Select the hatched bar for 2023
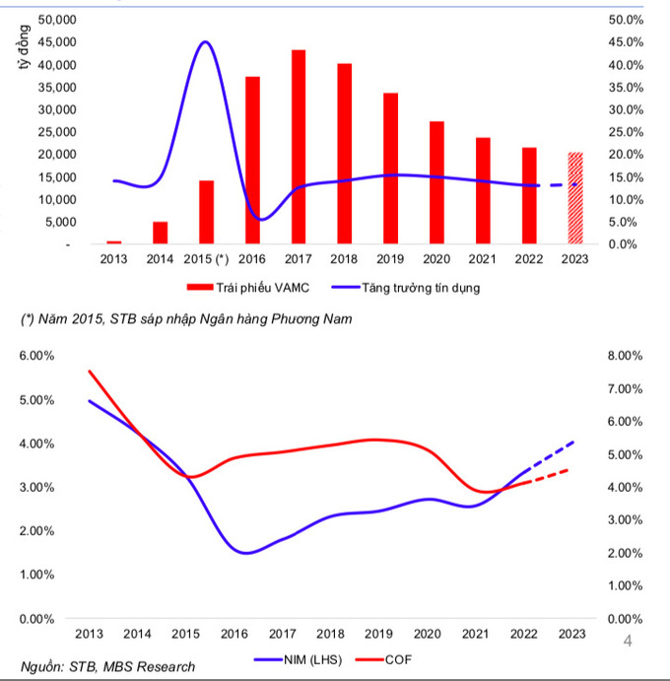tap(574, 198)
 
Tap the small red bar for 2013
tap(114, 241)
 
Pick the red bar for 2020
tap(436, 182)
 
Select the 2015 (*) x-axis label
tap(205, 259)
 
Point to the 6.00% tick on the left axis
tap(36, 356)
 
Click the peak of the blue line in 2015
tap(205, 42)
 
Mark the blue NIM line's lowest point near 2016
tap(246, 553)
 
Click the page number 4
tap(628, 643)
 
